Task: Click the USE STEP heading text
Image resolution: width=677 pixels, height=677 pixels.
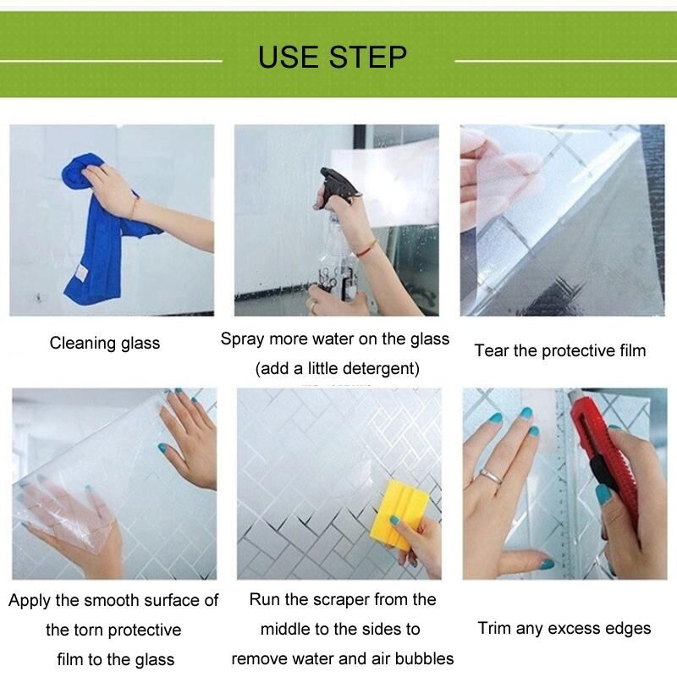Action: (x=332, y=57)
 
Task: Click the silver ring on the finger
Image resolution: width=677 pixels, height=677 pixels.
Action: (x=492, y=476)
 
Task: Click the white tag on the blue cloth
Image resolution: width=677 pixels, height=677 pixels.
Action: (x=81, y=272)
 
